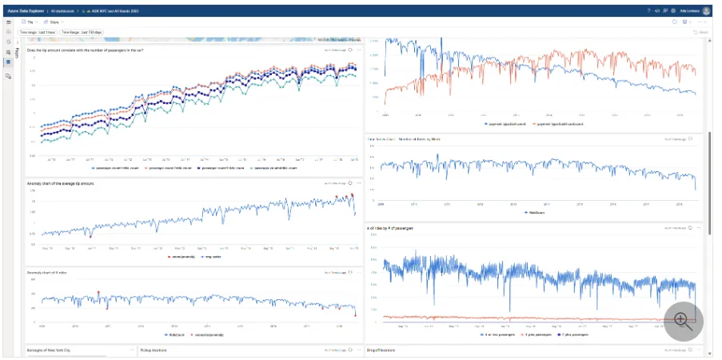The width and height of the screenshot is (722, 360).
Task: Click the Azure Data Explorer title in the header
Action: (26, 10)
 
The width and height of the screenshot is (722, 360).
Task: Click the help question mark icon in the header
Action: (648, 10)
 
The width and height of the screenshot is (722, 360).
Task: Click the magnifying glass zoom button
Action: (682, 319)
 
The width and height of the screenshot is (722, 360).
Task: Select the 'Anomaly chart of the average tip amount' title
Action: (62, 183)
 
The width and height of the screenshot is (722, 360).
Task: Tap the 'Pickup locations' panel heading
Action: (154, 350)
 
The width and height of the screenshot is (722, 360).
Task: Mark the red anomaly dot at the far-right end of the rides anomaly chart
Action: (355, 314)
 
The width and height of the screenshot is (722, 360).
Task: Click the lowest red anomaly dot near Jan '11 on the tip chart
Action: (90, 237)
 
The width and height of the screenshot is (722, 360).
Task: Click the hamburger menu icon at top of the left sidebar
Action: (9, 22)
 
